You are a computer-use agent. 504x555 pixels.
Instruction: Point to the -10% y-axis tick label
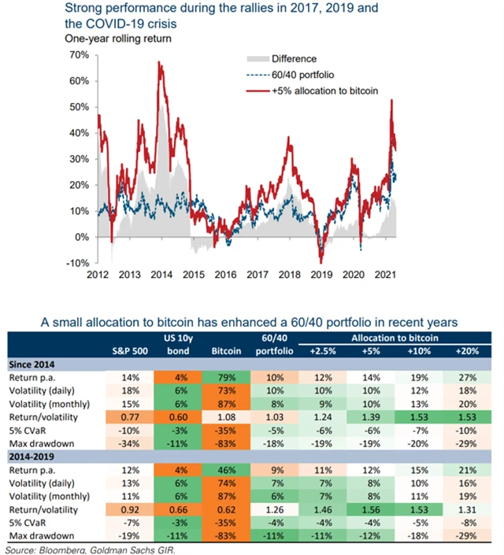click(x=77, y=263)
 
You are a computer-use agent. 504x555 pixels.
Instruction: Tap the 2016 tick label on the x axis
click(x=225, y=276)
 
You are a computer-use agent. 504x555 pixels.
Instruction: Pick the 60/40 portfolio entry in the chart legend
click(x=308, y=75)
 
